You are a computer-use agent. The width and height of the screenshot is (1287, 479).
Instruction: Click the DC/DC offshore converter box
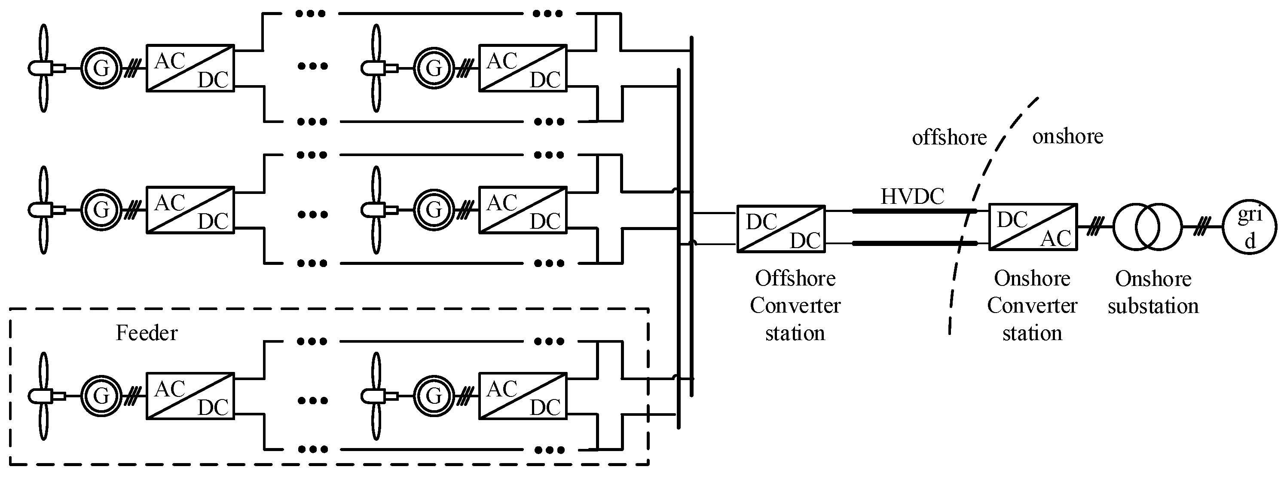[781, 228]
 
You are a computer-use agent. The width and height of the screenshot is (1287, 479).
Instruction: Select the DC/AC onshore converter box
[1033, 227]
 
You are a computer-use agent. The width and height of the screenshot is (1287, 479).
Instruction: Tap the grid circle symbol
[1249, 228]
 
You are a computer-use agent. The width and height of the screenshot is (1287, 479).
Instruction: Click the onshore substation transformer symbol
[1147, 227]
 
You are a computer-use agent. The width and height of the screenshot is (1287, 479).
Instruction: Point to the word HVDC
[912, 197]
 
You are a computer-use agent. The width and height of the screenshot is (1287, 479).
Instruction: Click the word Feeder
[147, 333]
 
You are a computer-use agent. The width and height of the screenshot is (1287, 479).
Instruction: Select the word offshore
[949, 138]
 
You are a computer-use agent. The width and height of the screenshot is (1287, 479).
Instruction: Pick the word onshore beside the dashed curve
[1068, 136]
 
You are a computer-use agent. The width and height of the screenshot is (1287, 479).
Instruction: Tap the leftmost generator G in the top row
[101, 68]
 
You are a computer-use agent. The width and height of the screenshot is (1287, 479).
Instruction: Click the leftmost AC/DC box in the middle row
[190, 210]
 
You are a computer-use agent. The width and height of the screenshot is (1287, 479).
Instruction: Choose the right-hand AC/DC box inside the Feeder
[523, 396]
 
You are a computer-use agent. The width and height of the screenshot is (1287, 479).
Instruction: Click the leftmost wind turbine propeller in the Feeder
[43, 396]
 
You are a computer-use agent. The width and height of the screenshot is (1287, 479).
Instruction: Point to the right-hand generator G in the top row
[434, 68]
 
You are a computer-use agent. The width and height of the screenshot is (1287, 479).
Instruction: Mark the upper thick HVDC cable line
[914, 211]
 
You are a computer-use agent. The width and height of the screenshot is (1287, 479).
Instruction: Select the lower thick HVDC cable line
[914, 243]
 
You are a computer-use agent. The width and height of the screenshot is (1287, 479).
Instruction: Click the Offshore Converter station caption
[795, 305]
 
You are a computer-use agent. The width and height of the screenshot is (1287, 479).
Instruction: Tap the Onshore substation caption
[1153, 292]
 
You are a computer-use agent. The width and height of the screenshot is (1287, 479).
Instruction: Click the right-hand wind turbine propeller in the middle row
[376, 210]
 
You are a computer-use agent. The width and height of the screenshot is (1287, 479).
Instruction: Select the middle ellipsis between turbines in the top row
[312, 66]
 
